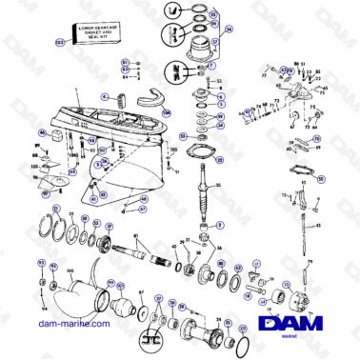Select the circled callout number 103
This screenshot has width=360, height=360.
58,42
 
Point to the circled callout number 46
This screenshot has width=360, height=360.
42,132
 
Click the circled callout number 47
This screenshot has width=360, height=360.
143,209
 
